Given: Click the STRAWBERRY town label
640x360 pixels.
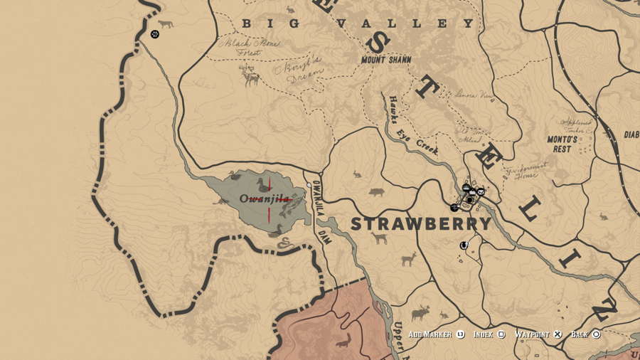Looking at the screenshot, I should click(421, 223).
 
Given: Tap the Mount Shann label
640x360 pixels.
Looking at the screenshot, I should click(386, 60).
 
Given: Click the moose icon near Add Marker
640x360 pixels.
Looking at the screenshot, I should click(420, 312).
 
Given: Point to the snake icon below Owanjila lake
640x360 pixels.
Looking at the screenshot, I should click(285, 243).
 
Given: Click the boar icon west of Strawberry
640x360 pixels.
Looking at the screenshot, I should click(376, 192).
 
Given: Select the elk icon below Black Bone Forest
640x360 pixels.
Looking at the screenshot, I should click(250, 75).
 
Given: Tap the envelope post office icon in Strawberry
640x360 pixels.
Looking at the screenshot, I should click(481, 191).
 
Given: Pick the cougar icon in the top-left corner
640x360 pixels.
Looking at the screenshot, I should click(166, 24).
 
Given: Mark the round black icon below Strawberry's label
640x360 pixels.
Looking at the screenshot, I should click(464, 245).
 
